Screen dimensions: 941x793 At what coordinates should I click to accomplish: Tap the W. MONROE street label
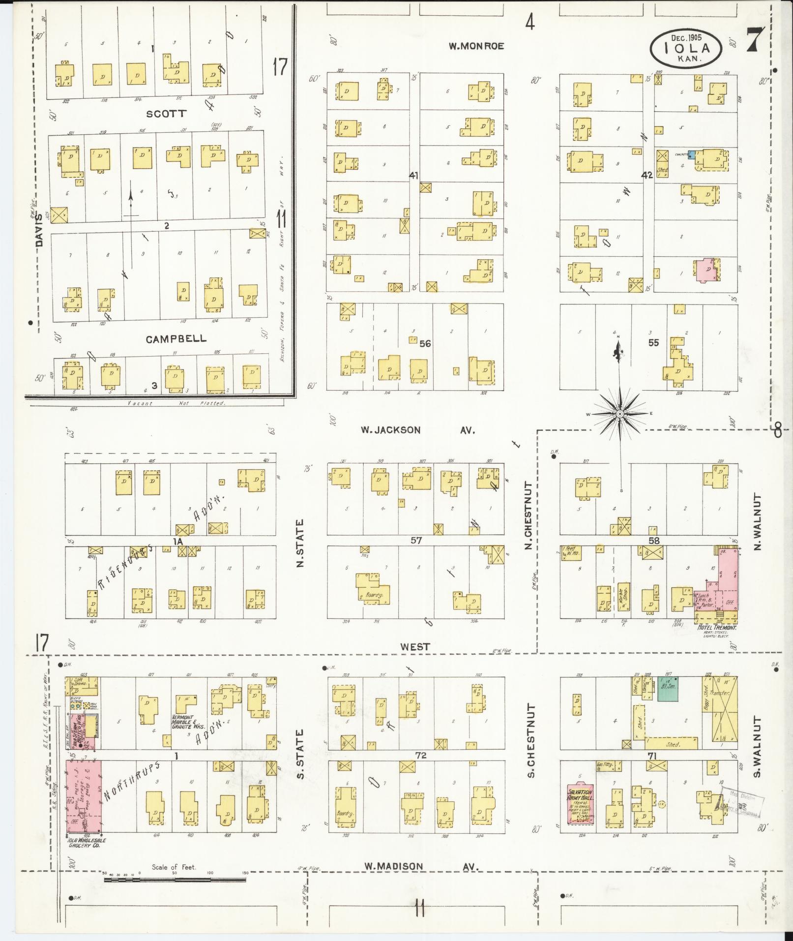476,46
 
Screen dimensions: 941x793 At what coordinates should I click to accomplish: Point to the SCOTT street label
167,114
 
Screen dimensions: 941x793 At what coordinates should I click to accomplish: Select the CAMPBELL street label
176,339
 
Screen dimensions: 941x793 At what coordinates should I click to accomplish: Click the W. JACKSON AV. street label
418,430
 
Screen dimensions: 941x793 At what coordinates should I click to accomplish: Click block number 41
414,176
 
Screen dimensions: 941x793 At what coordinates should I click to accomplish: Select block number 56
425,343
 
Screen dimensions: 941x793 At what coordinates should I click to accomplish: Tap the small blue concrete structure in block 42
691,154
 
